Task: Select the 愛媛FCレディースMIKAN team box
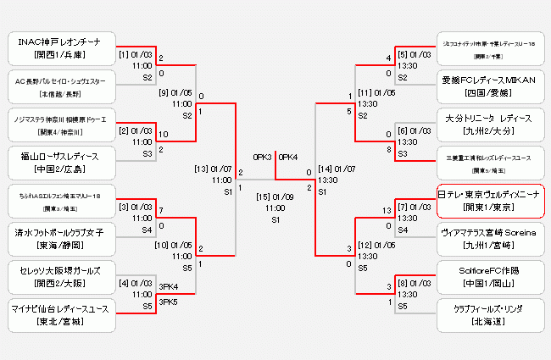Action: coord(490,86)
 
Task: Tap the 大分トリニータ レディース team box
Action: coord(490,125)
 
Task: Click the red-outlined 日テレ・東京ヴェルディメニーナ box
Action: coord(490,200)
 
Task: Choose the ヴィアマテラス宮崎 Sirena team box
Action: coord(490,237)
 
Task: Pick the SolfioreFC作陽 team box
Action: coord(490,275)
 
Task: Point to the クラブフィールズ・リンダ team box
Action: coord(490,313)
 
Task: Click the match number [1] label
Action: coord(124,55)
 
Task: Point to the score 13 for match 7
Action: coord(387,207)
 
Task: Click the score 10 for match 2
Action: coord(163,134)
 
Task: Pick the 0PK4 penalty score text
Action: coord(288,157)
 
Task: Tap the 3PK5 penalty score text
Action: coord(168,301)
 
